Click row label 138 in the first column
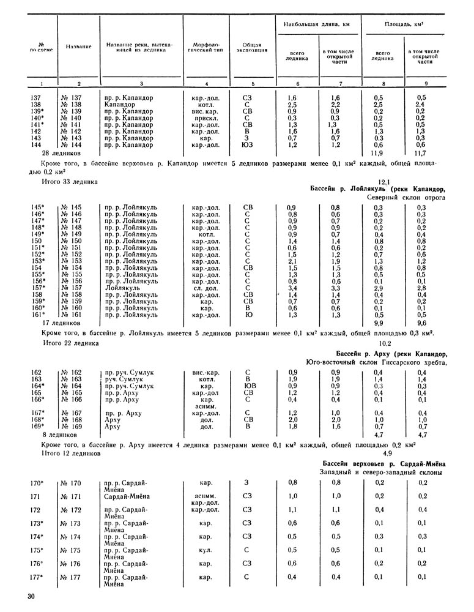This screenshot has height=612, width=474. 36,105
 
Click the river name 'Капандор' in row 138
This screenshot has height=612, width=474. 119,105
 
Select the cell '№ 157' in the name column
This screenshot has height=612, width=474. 74,286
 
